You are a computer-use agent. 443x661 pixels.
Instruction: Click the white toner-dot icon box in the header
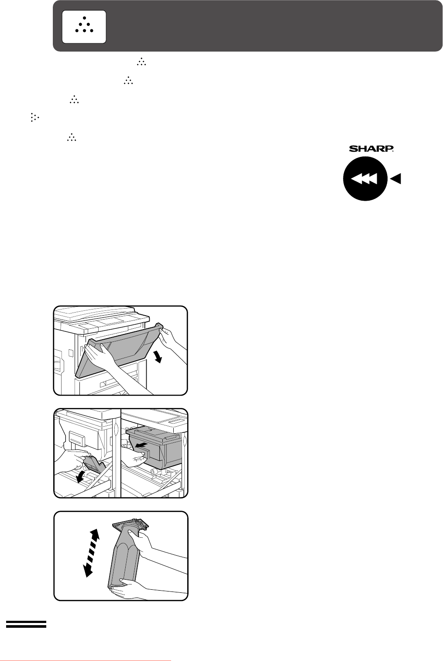(x=84, y=27)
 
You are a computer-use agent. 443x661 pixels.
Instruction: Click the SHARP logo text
(x=371, y=149)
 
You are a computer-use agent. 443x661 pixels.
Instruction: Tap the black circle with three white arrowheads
(x=365, y=178)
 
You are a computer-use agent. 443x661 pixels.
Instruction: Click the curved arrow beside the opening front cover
(x=158, y=357)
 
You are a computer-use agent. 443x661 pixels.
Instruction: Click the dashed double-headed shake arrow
(x=91, y=553)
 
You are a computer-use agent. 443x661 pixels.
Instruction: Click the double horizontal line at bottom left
(x=26, y=624)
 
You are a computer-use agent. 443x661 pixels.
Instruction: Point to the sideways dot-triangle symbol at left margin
(x=34, y=117)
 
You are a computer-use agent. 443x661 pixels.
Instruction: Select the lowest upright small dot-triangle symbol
(x=72, y=137)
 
